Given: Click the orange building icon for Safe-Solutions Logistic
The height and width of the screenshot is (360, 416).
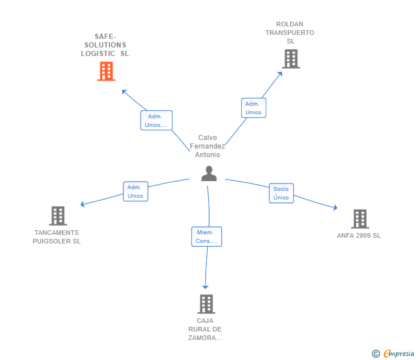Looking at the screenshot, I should pyautogui.click(x=106, y=71).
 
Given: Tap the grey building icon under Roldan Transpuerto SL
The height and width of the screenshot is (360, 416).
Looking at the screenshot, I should pyautogui.click(x=291, y=59).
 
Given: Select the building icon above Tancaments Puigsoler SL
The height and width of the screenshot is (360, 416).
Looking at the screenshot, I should pyautogui.click(x=58, y=216).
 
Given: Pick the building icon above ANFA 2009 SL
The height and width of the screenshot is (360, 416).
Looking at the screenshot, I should pyautogui.click(x=359, y=219).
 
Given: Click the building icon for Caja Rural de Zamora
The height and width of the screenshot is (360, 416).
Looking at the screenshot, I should pyautogui.click(x=206, y=304).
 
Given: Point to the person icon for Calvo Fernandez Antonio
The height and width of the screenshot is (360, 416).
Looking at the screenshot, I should pyautogui.click(x=209, y=174).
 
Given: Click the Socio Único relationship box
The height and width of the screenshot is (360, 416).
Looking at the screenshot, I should pyautogui.click(x=281, y=193).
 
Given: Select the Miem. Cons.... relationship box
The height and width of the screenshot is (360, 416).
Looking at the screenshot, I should pyautogui.click(x=206, y=237).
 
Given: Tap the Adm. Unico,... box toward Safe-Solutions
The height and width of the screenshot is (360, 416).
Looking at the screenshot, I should pyautogui.click(x=157, y=121).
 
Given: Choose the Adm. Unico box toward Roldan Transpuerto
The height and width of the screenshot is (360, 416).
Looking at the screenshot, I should pyautogui.click(x=253, y=108).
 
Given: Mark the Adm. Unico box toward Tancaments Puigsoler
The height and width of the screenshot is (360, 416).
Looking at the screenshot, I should pyautogui.click(x=135, y=191).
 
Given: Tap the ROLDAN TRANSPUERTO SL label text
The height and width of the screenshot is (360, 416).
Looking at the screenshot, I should pyautogui.click(x=290, y=33).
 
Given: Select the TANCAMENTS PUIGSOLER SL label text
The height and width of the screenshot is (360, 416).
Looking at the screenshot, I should pyautogui.click(x=57, y=237).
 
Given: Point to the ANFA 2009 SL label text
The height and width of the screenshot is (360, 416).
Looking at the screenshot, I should pyautogui.click(x=359, y=235).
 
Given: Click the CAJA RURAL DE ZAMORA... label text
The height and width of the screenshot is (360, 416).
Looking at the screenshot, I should pyautogui.click(x=205, y=329).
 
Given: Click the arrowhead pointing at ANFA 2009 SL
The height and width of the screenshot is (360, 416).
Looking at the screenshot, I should pyautogui.click(x=335, y=209).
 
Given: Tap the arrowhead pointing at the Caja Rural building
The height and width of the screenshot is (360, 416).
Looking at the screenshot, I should pyautogui.click(x=206, y=287).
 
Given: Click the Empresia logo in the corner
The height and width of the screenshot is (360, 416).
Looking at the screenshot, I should pyautogui.click(x=394, y=354).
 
